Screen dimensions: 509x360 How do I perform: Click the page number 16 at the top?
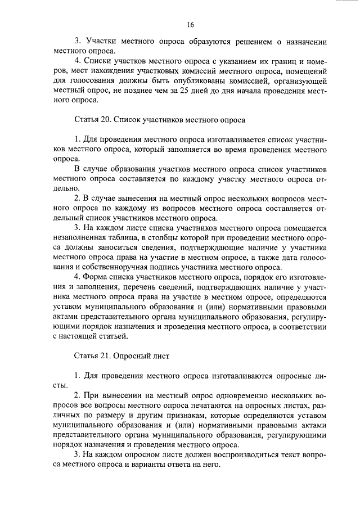190,25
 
